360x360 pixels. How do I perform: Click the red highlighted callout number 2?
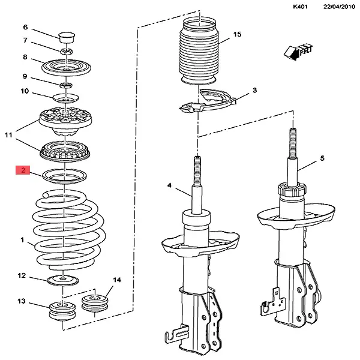(x=23, y=171)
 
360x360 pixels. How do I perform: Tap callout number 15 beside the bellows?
(x=237, y=35)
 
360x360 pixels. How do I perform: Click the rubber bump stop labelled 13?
(x=60, y=311)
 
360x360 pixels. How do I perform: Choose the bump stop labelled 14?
(x=94, y=304)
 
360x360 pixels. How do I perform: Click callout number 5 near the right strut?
(x=322, y=158)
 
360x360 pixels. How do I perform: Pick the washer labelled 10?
(x=65, y=97)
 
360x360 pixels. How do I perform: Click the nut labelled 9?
(x=66, y=82)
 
